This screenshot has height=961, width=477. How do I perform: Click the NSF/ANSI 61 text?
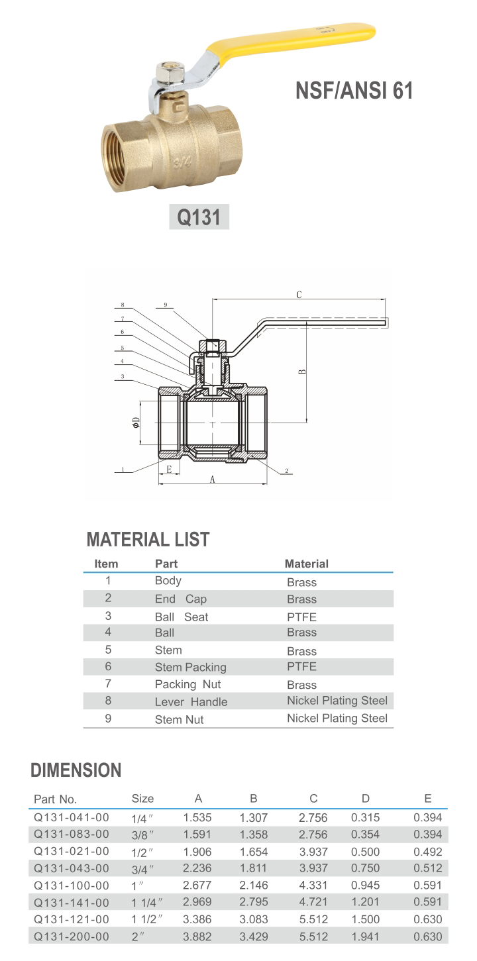[354, 90]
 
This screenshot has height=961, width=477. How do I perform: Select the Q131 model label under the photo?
[199, 217]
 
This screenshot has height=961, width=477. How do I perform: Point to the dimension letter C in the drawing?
[299, 295]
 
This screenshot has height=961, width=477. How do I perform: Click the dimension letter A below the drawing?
[213, 480]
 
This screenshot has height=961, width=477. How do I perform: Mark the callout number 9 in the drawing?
[166, 305]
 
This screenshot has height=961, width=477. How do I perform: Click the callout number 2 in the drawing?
[286, 471]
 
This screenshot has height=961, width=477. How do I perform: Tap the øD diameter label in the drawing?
[136, 422]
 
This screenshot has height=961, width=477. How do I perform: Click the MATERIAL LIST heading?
[148, 540]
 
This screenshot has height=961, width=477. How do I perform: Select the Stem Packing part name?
[190, 667]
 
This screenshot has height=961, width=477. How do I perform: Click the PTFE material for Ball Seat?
[301, 617]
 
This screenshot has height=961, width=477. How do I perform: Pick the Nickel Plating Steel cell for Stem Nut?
[337, 718]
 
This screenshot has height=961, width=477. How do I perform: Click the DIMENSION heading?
[76, 770]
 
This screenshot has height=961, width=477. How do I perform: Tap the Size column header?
[142, 799]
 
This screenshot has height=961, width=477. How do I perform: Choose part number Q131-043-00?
[72, 868]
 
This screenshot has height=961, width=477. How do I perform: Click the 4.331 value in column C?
[313, 885]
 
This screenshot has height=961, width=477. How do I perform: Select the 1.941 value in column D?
[365, 936]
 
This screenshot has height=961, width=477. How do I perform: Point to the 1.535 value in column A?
[197, 817]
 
